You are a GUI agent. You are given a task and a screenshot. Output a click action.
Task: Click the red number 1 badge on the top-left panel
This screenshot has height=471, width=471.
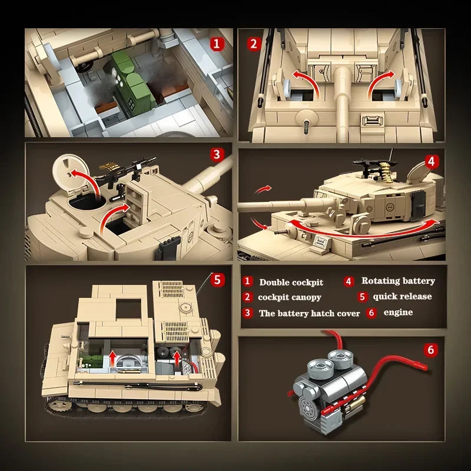coord(217,43)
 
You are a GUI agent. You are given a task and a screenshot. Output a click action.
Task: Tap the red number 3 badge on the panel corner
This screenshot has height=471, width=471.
coord(217,155)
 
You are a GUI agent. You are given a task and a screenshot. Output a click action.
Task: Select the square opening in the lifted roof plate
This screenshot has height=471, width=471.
coord(128,308)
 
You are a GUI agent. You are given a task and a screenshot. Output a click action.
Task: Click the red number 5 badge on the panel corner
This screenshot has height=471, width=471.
coord(217,279)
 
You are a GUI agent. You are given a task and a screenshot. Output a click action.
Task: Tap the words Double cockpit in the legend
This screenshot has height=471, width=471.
coord(291,283)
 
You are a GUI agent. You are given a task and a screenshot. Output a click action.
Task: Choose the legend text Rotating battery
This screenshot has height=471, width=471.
coord(398,281)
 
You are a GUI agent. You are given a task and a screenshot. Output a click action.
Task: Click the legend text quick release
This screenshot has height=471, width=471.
coord(402,297)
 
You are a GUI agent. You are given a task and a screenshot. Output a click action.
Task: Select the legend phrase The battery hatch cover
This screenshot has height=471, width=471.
coord(309,313)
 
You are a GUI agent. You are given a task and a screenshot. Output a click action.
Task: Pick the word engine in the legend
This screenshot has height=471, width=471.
coord(398,313)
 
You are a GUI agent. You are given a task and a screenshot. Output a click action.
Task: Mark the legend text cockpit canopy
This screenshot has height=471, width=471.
coord(290,297)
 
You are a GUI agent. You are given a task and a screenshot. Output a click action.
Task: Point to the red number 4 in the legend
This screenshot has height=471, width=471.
coord(349,281)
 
